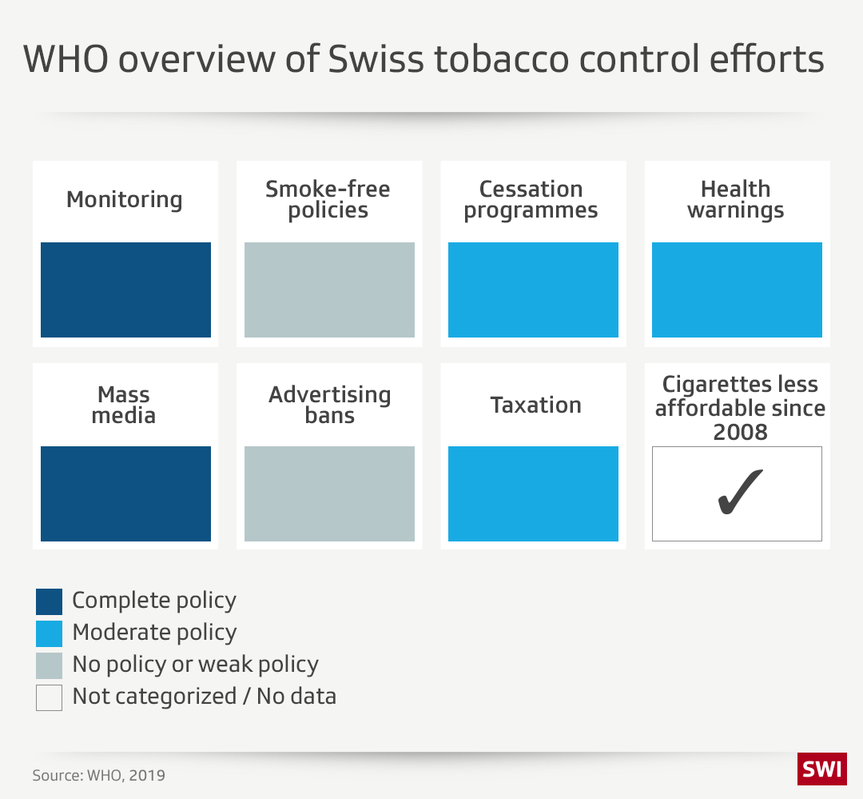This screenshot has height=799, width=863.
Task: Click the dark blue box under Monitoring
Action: tap(125, 290)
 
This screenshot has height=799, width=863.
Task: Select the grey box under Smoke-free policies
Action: tap(329, 290)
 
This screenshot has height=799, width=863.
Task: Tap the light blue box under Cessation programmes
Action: tap(533, 290)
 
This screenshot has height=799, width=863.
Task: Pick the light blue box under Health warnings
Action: tap(737, 290)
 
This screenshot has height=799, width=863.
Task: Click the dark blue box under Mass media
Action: tap(125, 493)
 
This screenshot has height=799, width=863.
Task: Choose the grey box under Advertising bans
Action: tap(329, 493)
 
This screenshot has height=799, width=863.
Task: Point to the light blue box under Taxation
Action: tap(533, 493)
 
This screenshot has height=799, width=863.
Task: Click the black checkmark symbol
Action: tap(738, 493)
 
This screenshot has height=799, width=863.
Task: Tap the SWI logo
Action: tap(821, 769)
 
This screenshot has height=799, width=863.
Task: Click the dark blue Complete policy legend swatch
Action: tap(49, 601)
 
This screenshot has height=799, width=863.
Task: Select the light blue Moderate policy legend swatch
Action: tap(49, 633)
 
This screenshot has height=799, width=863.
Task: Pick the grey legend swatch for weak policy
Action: tap(49, 665)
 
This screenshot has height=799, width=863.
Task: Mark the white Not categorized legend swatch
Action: tap(49, 697)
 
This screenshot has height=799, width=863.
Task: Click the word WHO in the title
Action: tap(69, 60)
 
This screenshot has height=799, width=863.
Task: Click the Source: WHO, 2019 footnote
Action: tap(99, 775)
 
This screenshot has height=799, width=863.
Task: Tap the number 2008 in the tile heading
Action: tap(740, 432)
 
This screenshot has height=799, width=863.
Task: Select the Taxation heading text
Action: tap(536, 405)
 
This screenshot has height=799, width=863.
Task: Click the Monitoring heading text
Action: tap(124, 199)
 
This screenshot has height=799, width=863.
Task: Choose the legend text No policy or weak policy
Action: tap(195, 665)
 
